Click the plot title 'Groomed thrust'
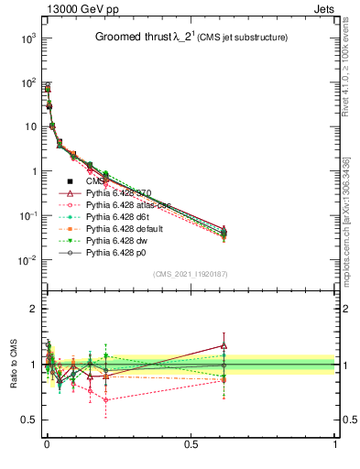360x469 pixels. pos(134,38)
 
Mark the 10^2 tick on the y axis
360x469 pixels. pos(26,83)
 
